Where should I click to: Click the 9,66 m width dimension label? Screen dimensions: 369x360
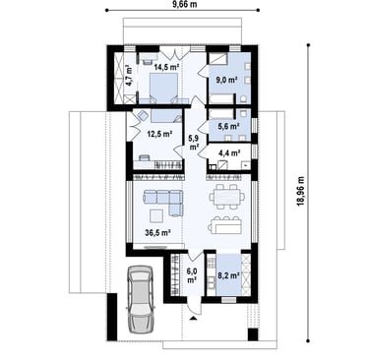(x=183, y=4)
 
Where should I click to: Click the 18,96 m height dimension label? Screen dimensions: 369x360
(x=300, y=192)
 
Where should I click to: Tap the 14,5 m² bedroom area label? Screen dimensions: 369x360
(x=166, y=67)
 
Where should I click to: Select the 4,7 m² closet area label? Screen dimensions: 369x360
(x=129, y=76)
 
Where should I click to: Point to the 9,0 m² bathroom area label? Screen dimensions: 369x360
(x=226, y=80)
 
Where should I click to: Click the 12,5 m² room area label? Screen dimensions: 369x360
(x=159, y=134)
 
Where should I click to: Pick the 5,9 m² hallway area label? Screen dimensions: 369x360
(x=194, y=142)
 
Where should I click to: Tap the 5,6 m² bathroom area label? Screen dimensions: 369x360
(x=228, y=126)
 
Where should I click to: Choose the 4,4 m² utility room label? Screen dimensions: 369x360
(x=229, y=152)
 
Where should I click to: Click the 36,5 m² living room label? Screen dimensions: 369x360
(x=157, y=233)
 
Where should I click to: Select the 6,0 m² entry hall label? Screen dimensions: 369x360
(x=192, y=275)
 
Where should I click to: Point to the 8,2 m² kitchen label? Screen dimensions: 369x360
(x=228, y=275)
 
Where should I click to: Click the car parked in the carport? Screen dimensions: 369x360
(x=141, y=299)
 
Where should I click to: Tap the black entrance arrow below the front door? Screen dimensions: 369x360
(x=194, y=318)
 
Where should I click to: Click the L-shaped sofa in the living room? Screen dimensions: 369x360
(x=162, y=203)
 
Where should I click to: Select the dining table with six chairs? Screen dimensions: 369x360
(x=227, y=197)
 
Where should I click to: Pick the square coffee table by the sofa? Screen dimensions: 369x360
(x=156, y=216)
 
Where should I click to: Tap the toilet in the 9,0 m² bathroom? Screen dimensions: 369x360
(x=243, y=99)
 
